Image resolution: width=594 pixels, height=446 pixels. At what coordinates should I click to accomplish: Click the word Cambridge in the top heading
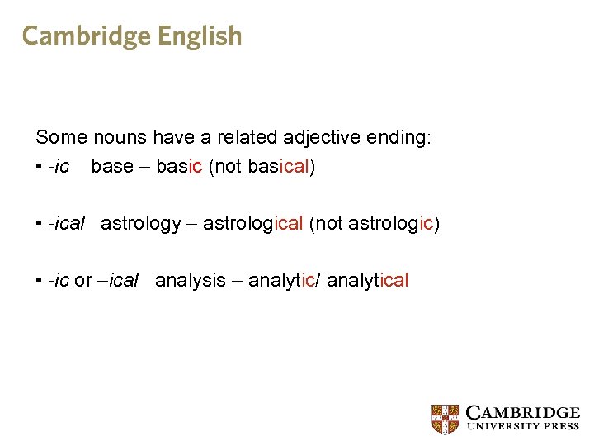point(86,36)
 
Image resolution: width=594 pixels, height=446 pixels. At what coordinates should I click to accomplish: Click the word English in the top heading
point(200,36)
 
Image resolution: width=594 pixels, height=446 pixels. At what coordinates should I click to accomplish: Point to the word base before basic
point(112,166)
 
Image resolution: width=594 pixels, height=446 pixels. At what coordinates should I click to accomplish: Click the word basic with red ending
point(179,166)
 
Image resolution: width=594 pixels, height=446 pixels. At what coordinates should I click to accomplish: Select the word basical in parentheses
point(277,166)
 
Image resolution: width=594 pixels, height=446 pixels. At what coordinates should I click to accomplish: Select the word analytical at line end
point(368,280)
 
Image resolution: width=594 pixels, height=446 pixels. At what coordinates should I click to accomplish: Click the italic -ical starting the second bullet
point(67,223)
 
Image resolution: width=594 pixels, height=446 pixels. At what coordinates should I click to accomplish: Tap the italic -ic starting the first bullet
point(59,166)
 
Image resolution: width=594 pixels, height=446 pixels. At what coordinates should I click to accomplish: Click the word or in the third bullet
point(83,280)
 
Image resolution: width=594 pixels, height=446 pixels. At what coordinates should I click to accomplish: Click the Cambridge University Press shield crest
point(445,419)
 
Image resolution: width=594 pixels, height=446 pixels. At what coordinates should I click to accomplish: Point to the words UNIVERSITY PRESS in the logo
point(523,427)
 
